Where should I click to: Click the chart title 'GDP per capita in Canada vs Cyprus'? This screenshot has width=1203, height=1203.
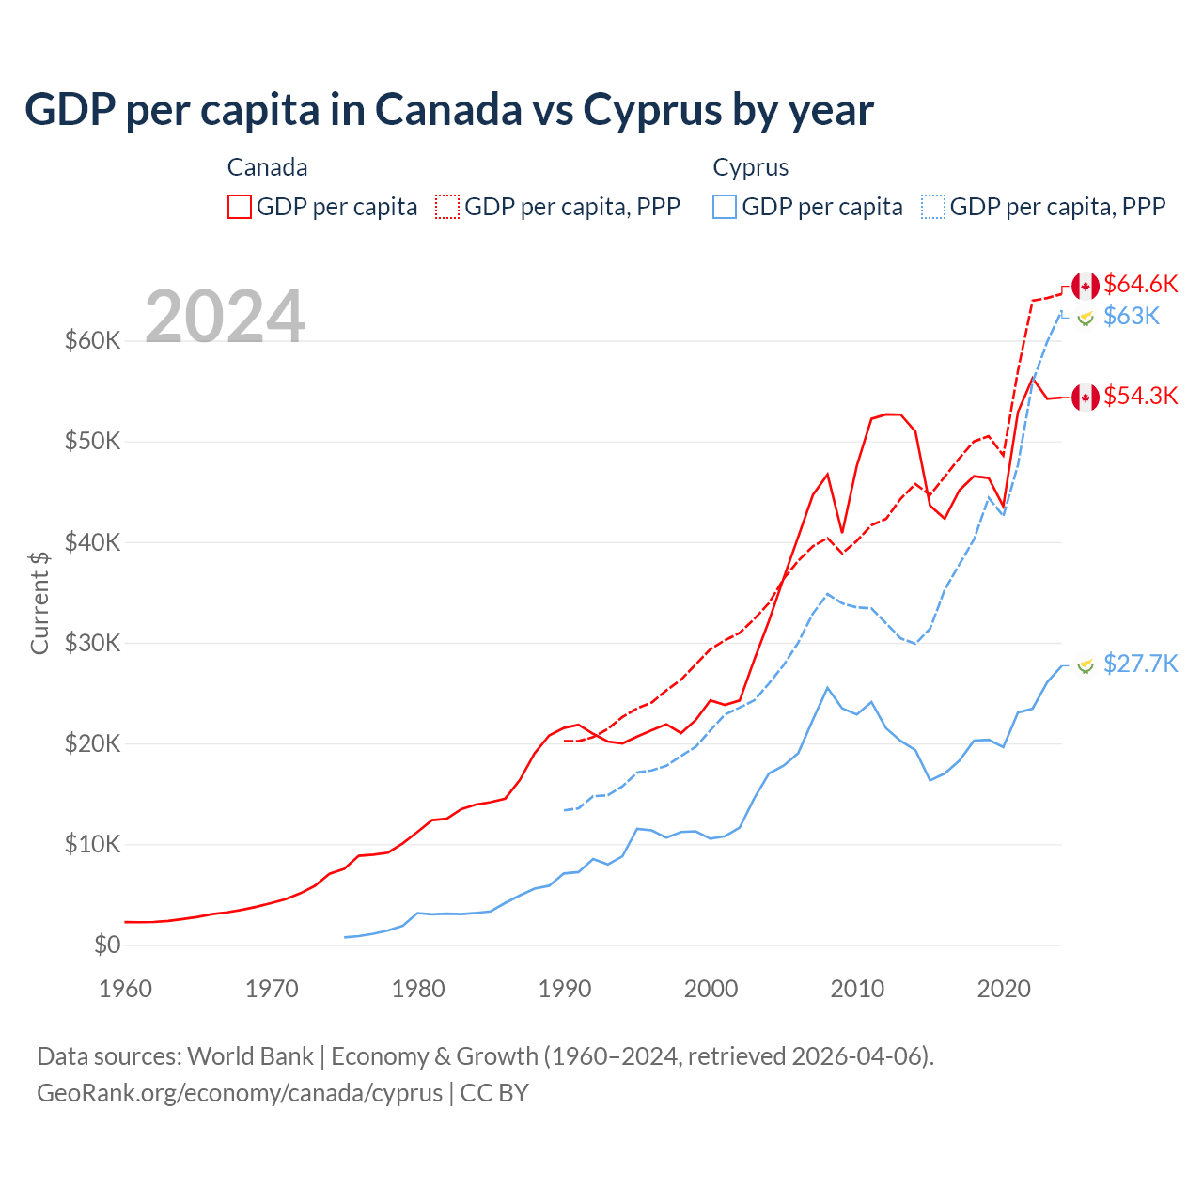click(x=449, y=109)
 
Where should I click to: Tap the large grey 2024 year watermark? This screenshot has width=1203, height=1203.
click(x=226, y=317)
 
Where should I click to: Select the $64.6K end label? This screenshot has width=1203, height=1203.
click(x=1140, y=284)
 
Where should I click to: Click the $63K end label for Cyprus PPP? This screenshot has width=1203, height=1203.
click(x=1132, y=316)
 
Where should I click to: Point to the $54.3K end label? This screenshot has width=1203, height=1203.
click(x=1140, y=396)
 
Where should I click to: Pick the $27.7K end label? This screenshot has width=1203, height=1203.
click(x=1140, y=664)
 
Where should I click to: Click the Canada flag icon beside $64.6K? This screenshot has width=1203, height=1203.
click(x=1086, y=286)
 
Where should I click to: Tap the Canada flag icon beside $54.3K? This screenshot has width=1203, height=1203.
click(x=1086, y=398)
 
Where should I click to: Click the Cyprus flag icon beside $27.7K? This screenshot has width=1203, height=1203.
click(x=1086, y=665)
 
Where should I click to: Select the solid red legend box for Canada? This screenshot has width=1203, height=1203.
click(x=240, y=207)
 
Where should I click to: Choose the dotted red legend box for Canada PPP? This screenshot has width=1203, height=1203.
click(x=447, y=207)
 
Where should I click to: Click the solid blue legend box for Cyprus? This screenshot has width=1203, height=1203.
click(x=725, y=207)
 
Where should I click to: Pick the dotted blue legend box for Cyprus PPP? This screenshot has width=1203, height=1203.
click(x=933, y=207)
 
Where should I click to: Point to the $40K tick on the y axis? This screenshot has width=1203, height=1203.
click(x=92, y=542)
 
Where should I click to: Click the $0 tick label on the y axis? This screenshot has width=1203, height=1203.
click(x=107, y=945)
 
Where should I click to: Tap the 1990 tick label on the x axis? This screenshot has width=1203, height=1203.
click(x=565, y=989)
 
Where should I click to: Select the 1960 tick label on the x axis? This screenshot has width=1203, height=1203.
click(x=126, y=989)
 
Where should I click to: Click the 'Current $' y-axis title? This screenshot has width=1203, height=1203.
click(x=39, y=602)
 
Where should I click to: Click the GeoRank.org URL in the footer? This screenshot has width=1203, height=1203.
click(x=240, y=1093)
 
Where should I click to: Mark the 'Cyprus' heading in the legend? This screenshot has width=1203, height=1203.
click(x=750, y=167)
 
